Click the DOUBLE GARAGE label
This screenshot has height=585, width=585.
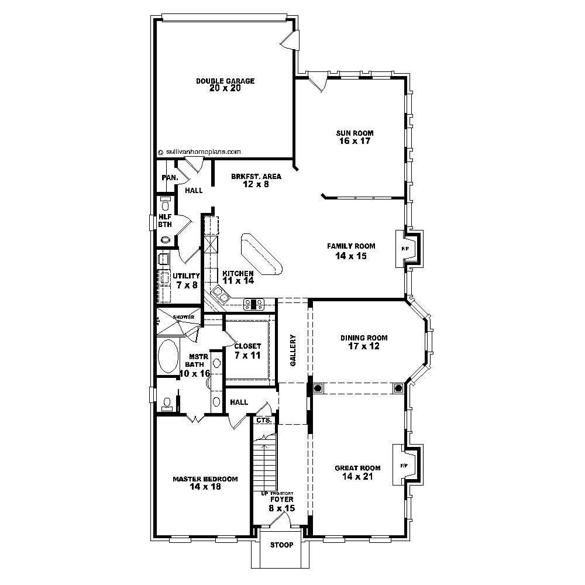tap(225, 85)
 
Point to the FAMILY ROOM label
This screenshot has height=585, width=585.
tap(351, 250)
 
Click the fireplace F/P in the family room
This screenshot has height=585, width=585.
tap(405, 249)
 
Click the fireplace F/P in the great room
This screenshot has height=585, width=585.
tap(404, 466)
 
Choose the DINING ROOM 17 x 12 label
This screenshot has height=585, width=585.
tap(364, 342)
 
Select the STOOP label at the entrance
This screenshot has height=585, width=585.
tap(282, 545)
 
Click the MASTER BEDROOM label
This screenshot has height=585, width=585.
tap(205, 483)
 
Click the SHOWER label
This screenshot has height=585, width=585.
tap(183, 317)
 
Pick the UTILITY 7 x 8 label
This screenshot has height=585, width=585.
tap(186, 280)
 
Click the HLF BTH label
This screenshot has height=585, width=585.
tap(165, 220)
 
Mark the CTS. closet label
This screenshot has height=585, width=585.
tap(262, 420)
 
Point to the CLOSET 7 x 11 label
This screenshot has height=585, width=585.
tap(247, 350)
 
